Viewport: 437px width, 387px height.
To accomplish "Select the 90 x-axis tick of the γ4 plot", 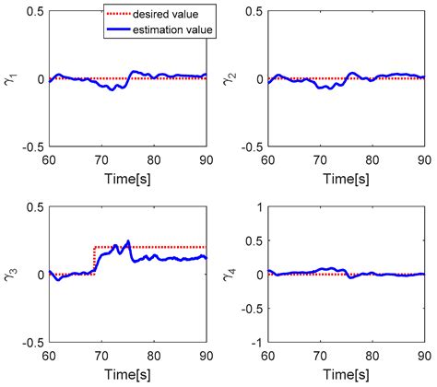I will click(x=422, y=354).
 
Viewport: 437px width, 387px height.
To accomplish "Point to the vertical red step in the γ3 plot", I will click(x=94, y=261).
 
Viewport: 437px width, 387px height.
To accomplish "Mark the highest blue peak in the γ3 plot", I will click(x=128, y=241).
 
